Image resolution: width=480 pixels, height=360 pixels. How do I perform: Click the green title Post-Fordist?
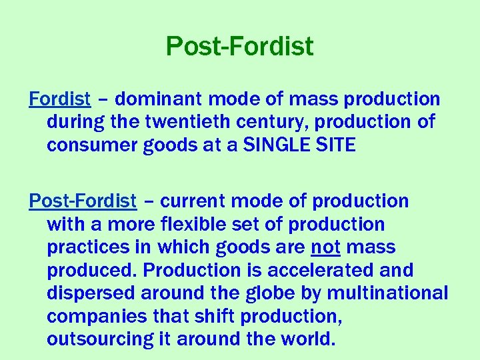click(x=239, y=47)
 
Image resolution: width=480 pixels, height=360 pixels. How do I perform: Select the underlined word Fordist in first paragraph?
click(x=60, y=99)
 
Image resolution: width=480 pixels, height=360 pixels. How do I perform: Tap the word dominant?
click(x=160, y=99)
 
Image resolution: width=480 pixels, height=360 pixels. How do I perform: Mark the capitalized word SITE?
click(x=333, y=145)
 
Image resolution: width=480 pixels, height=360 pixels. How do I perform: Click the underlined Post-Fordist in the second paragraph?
click(x=83, y=201)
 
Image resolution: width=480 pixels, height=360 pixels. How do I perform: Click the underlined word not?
click(x=326, y=247)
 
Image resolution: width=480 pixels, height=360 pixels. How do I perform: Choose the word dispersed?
click(x=87, y=293)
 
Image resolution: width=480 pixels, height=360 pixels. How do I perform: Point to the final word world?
click(x=305, y=339)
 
